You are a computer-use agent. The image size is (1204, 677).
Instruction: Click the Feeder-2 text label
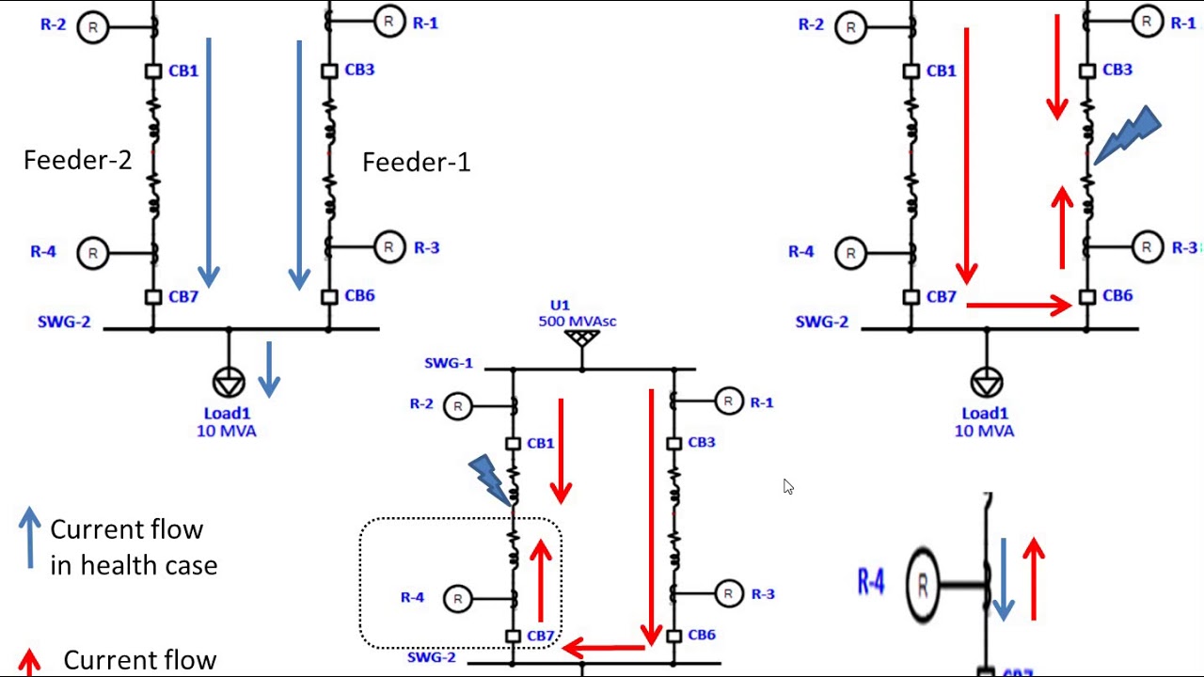[77, 161]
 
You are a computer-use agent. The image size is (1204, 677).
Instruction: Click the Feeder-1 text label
[416, 163]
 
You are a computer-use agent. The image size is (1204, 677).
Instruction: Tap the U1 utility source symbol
[582, 337]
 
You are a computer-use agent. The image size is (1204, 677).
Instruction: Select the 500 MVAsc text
[577, 322]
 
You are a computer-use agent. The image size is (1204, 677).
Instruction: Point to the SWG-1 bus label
[449, 363]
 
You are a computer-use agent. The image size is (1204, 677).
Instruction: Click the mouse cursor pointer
[787, 486]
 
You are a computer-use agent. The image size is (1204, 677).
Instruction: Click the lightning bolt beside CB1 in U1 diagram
[488, 478]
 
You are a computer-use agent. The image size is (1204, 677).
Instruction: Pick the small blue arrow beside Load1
[269, 369]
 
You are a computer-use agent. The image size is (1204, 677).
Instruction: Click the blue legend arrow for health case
[30, 537]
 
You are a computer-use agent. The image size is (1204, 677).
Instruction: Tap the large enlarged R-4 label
[870, 582]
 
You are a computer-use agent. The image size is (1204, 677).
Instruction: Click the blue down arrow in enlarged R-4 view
[1004, 579]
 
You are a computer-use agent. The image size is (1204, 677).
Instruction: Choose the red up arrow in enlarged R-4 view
[1034, 577]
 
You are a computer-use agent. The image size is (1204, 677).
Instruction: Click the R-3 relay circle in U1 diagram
[728, 593]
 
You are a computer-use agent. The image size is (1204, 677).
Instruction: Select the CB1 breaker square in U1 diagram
[513, 443]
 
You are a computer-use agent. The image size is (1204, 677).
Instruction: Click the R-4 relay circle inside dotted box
[458, 598]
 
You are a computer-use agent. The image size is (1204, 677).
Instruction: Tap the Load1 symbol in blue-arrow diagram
[229, 383]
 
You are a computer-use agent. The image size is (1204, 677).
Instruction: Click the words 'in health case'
[134, 565]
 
